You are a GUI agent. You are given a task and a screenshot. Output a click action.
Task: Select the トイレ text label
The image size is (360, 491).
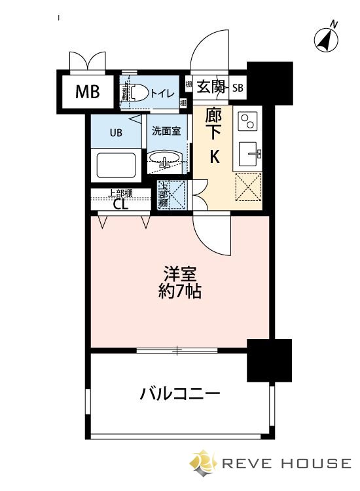(162, 93)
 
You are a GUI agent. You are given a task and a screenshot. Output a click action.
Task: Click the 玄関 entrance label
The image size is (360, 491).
(211, 86)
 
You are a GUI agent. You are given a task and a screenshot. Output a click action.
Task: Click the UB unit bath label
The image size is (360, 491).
(116, 133)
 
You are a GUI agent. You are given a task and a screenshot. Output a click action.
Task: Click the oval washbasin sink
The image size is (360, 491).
(167, 158)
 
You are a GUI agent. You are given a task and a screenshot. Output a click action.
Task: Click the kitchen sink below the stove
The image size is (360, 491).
(249, 154)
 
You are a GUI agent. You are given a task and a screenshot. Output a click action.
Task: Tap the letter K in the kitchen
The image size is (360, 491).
(214, 156)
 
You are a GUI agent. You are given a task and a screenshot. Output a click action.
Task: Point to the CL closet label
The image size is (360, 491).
(120, 204)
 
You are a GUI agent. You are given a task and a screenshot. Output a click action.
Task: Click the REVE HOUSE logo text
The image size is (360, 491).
(285, 464)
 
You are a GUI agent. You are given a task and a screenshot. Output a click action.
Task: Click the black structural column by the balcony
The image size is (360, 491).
(268, 361)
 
